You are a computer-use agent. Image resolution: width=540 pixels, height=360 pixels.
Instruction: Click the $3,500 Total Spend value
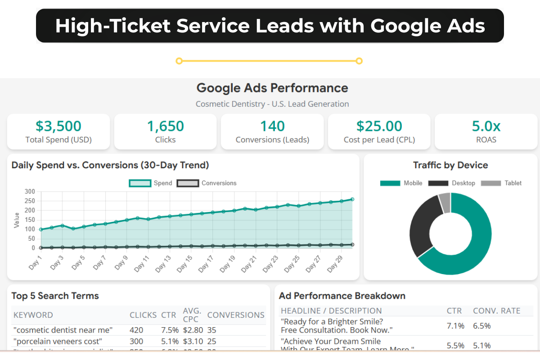(58, 126)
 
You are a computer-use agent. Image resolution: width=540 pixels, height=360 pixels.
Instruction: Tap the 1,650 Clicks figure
(165, 126)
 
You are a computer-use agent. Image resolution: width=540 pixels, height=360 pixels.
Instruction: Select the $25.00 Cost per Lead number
(379, 126)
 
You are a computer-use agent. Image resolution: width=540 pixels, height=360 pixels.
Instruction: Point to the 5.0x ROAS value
(486, 126)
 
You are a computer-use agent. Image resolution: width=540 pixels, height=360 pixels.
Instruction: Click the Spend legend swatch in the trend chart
(140, 183)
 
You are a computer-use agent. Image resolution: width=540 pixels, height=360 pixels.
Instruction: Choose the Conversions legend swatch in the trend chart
(188, 183)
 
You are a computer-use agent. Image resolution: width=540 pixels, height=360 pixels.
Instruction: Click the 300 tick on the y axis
(30, 191)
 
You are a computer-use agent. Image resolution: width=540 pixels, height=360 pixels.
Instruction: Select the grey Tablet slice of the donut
(445, 203)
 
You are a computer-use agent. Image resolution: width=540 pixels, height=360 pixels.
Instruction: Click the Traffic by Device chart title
(450, 165)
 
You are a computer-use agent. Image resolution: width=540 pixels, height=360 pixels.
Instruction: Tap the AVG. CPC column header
(192, 315)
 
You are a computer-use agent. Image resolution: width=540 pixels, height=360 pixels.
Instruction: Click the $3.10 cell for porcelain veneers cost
(193, 341)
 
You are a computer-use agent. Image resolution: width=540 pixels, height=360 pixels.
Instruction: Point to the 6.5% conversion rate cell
(481, 326)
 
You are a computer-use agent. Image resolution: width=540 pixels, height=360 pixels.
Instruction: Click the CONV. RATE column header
(496, 310)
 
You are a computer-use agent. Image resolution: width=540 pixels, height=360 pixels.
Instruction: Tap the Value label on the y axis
(17, 220)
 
